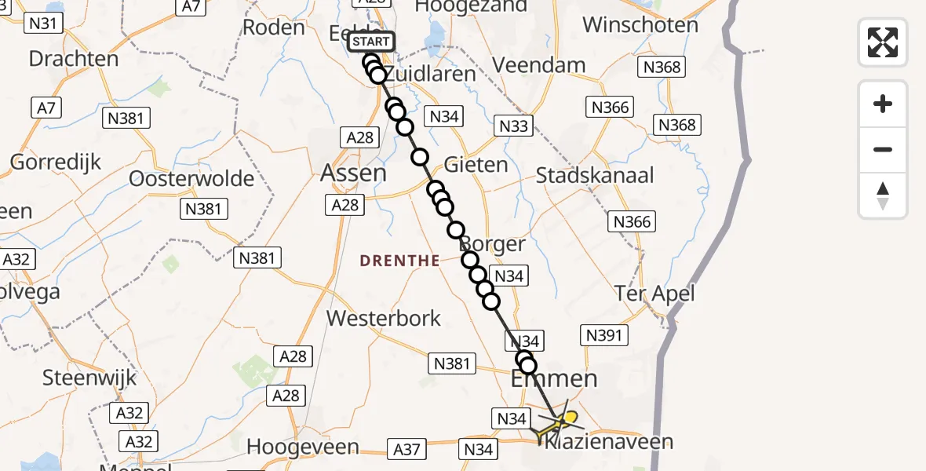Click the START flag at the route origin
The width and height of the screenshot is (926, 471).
(x=369, y=42)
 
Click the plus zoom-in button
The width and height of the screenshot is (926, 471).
(x=883, y=104)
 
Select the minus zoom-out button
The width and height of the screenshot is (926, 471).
(x=883, y=150)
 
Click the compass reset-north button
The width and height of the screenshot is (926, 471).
(x=883, y=195)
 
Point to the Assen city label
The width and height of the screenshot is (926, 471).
(x=354, y=172)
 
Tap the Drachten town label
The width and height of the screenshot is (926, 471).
(x=74, y=59)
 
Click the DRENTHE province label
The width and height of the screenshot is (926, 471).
(x=400, y=261)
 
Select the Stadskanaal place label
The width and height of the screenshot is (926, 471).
(x=595, y=175)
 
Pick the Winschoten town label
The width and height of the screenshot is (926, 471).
(x=640, y=25)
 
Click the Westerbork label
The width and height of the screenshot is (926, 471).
(x=384, y=319)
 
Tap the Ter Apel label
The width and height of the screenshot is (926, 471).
(x=655, y=294)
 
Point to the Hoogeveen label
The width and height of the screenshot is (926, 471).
(x=303, y=447)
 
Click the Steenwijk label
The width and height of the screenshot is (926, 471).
(x=89, y=378)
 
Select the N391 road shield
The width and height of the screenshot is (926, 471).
(x=604, y=336)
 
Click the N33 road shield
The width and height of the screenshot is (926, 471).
(x=513, y=126)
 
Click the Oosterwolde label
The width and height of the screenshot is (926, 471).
(x=192, y=178)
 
